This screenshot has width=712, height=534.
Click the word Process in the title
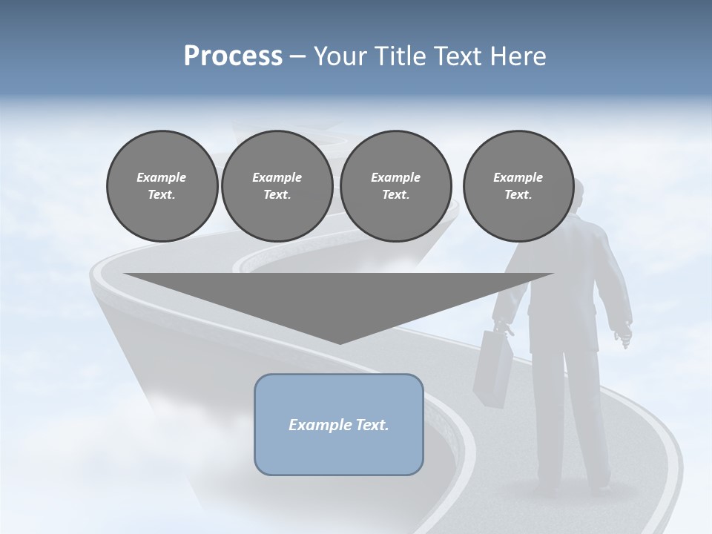tap(233, 56)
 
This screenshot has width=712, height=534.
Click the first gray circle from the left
tap(162, 186)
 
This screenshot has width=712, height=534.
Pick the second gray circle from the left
tap(277, 186)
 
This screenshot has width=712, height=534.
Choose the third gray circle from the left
tap(395, 186)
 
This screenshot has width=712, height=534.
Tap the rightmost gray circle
tap(518, 186)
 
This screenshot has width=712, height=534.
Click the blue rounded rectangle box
tap(339, 424)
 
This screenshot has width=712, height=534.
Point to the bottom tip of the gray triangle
tap(339, 343)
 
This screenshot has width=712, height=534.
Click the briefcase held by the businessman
tap(493, 367)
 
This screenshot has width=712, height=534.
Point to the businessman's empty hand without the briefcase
tap(624, 334)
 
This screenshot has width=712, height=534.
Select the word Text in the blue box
tap(372, 425)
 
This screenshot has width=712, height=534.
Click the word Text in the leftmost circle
tap(162, 195)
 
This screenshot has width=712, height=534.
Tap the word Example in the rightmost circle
tap(518, 177)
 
